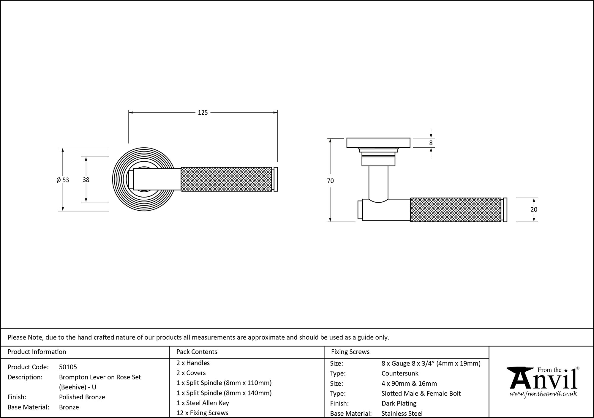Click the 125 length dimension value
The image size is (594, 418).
[x=203, y=113]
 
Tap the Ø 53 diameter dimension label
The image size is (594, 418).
[x=63, y=180]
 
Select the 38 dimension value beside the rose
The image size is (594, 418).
[x=86, y=180]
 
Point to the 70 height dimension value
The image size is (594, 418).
[x=330, y=181]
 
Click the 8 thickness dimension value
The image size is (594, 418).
[x=431, y=143]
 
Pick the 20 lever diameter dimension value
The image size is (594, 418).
[x=534, y=209]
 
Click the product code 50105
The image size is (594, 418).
[x=68, y=367]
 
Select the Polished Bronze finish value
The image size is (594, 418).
[x=82, y=397]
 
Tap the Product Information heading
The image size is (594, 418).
[x=37, y=352]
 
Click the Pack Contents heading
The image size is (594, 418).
[x=197, y=352]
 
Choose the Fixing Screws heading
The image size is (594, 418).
[x=350, y=352]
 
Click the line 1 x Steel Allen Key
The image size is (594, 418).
[x=203, y=403]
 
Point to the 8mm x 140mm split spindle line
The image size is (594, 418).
[x=224, y=393]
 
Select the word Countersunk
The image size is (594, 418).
[x=400, y=373]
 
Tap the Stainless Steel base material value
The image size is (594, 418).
[x=402, y=413]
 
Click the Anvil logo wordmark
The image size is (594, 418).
[x=544, y=380]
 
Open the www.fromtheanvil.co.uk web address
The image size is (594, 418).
[x=544, y=394]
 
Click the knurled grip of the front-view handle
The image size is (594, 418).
[x=226, y=179]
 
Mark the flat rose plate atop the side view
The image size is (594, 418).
[x=378, y=143]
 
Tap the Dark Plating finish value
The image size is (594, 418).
[x=399, y=403]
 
